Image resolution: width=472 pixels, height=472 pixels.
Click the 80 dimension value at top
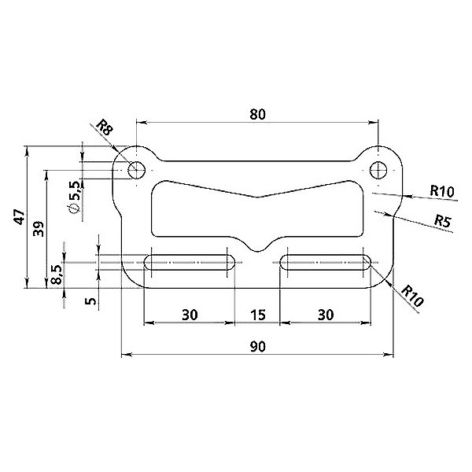tap(258, 114)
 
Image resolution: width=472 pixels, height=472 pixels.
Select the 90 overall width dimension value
tap(258, 347)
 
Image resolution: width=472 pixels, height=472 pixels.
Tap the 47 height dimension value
tap(20, 217)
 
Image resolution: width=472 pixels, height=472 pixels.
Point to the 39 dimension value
tap(39, 229)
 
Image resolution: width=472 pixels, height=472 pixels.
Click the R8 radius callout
tap(105, 127)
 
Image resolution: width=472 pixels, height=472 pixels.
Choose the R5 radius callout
tap(443, 221)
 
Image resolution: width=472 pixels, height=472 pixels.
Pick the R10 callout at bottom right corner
tap(413, 296)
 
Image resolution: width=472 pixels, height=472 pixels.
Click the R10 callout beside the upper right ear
tap(441, 191)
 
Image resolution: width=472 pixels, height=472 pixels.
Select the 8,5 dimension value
tap(57, 275)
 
